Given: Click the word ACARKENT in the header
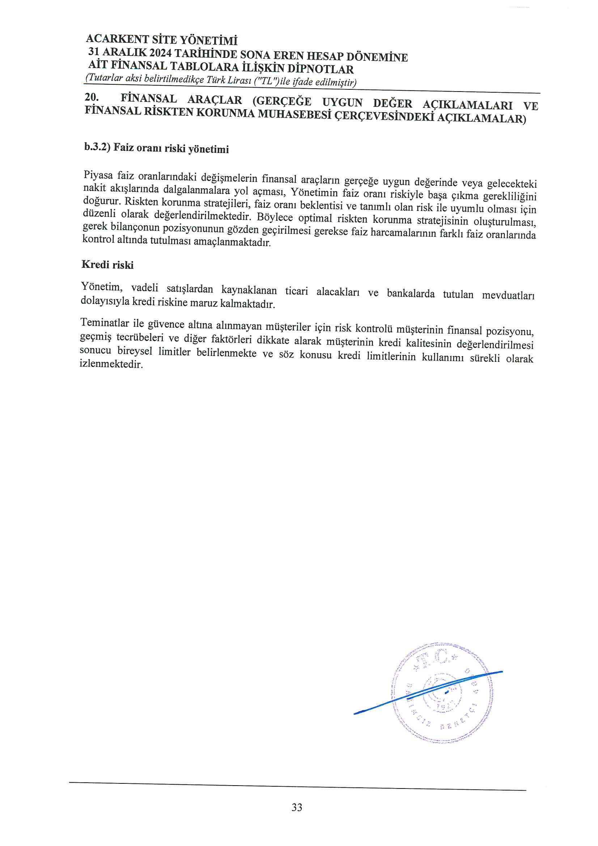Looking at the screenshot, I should click(x=118, y=39).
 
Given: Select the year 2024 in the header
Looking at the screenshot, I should click(x=160, y=53).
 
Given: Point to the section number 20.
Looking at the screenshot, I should click(x=92, y=97).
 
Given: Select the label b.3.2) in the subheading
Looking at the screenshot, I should click(x=97, y=147).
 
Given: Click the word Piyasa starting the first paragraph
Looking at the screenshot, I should click(x=98, y=175).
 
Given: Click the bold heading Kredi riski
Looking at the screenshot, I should click(x=107, y=265).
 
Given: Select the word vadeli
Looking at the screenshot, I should click(x=144, y=288).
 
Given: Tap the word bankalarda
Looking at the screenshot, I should click(x=411, y=293).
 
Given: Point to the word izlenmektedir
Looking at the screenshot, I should click(x=111, y=364).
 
